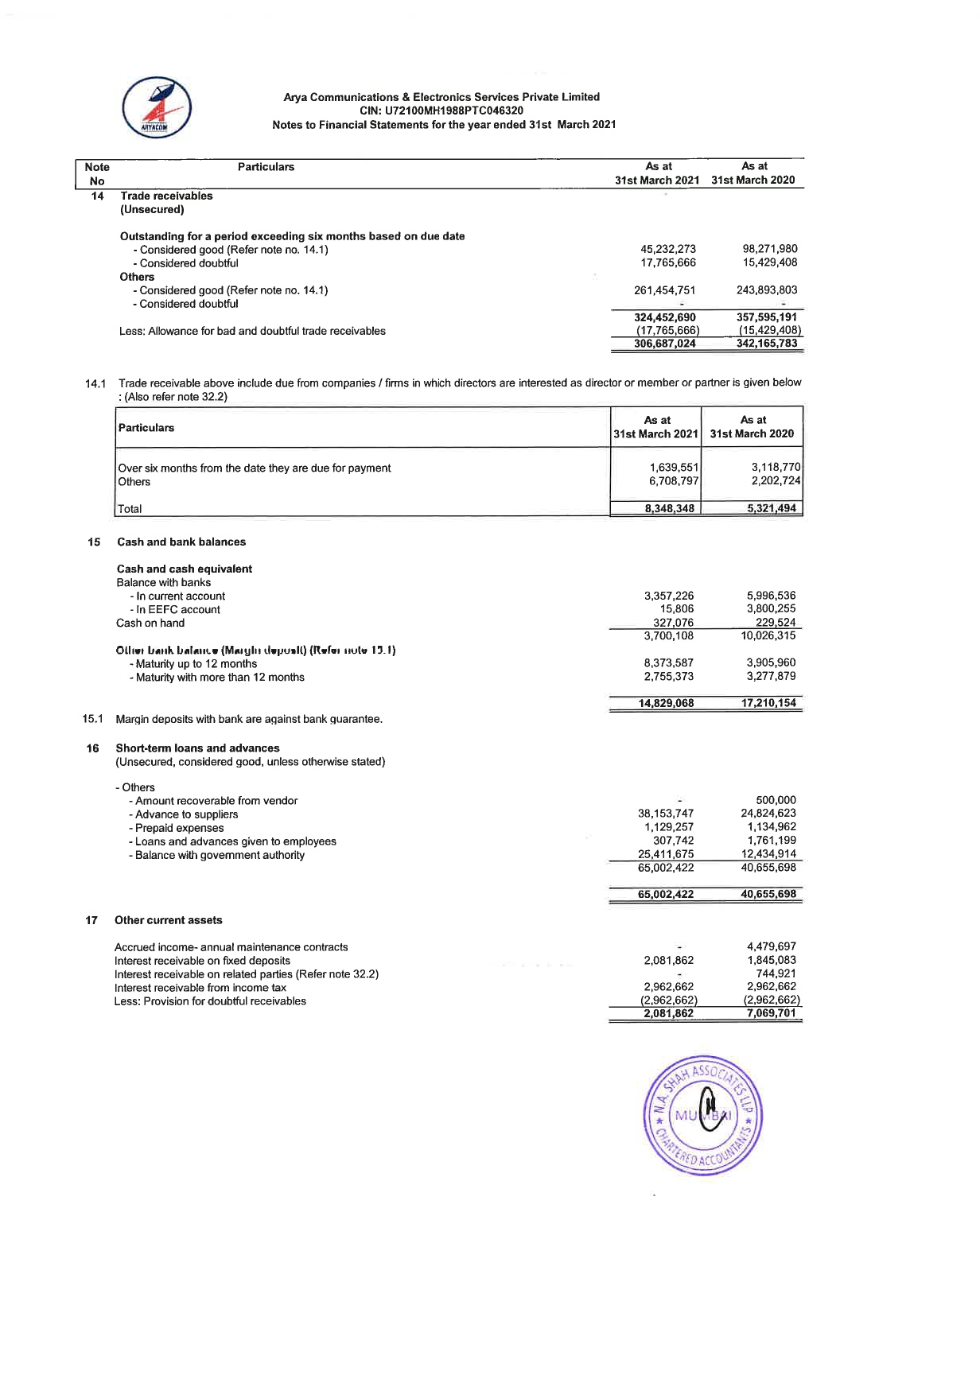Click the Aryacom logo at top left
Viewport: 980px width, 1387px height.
coord(156,107)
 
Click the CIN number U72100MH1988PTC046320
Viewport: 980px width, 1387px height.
coord(441,111)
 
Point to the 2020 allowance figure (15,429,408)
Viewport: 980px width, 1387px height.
coord(769,330)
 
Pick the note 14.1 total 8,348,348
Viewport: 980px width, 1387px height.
coord(671,508)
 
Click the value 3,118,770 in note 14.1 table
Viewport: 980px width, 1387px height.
coord(776,468)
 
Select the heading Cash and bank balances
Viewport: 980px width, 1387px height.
coord(181,542)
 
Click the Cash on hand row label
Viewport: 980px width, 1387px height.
coord(150,623)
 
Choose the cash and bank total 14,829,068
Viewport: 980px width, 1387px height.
coord(666,703)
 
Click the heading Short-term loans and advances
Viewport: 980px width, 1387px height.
coord(197,748)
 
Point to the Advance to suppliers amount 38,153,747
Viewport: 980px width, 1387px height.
coord(666,814)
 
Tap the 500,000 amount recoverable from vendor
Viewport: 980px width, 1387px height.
coord(776,800)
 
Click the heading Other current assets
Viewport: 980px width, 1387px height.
coord(169,920)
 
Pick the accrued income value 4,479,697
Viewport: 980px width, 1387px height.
coord(771,946)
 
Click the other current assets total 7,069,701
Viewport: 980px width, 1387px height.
coord(771,1013)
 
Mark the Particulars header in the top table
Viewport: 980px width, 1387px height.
coord(266,167)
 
